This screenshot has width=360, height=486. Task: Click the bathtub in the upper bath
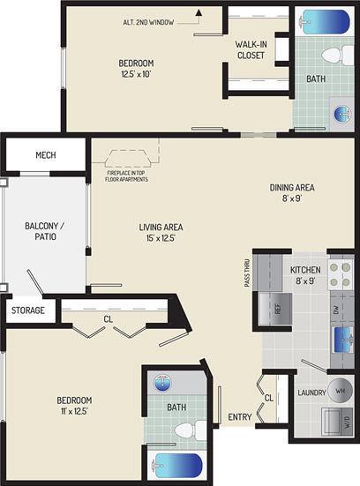coord(324,22)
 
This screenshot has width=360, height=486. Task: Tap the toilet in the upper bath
coord(337,56)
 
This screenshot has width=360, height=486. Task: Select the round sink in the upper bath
coord(342,113)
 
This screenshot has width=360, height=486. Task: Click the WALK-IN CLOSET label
coord(251,50)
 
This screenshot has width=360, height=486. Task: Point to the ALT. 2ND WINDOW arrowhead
coord(199,12)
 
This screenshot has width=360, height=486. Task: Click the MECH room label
coord(46,155)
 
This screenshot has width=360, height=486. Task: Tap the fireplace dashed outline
coord(127,159)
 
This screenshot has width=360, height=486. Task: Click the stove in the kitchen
coord(341,274)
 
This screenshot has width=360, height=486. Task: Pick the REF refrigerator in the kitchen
coord(275,309)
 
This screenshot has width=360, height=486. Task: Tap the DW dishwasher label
coord(336,309)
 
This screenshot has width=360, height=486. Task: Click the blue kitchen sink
coord(343,340)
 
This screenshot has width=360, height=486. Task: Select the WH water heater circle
coord(341,391)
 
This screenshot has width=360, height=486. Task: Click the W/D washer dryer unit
coord(337,422)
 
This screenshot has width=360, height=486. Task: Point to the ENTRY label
coord(240,417)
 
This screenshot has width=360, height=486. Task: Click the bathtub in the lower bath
coord(176,466)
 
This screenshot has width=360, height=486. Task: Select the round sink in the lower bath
coord(162,383)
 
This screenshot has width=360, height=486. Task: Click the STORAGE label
coord(28,310)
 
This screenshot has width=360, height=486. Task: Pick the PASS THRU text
coord(247,273)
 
